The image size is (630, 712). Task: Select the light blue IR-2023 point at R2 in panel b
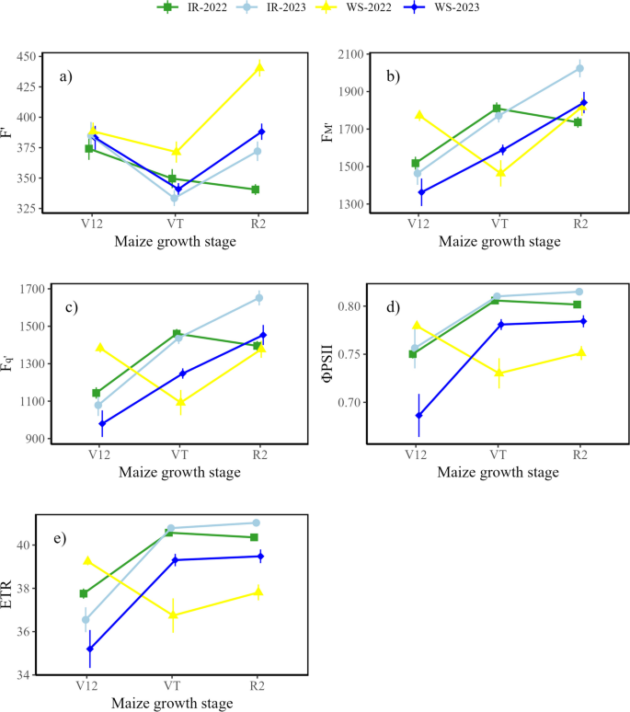click(579, 68)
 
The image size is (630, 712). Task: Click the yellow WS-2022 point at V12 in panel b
click(419, 115)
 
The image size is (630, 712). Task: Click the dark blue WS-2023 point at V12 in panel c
click(101, 424)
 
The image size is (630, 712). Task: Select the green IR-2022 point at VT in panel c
click(178, 334)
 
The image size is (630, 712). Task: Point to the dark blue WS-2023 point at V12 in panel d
click(419, 415)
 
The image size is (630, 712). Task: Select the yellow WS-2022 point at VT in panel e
click(171, 614)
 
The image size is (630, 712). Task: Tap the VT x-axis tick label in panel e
click(171, 686)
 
